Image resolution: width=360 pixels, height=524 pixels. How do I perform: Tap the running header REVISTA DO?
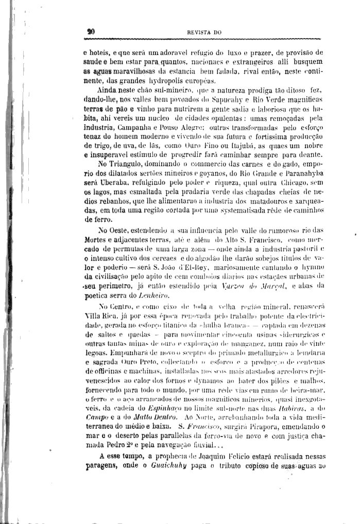pyautogui.click(x=204, y=32)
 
